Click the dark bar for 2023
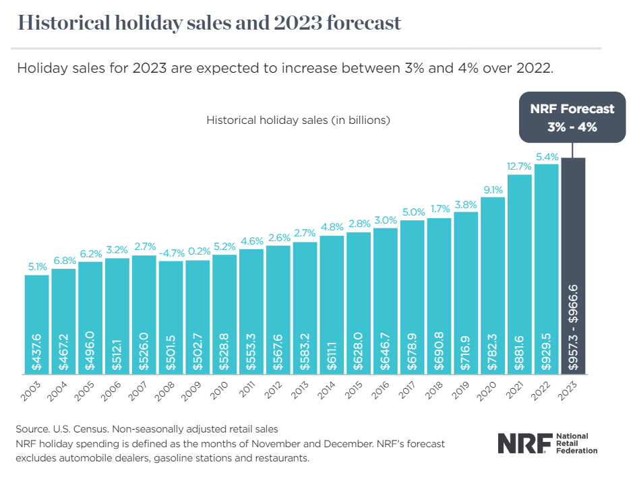tap(573, 265)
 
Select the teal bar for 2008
tap(171, 317)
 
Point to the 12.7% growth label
tap(519, 166)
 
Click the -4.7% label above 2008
tap(171, 253)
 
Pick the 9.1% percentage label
tap(493, 189)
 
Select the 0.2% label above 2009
tap(198, 252)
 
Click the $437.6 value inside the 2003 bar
tap(37, 351)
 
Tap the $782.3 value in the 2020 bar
tap(493, 351)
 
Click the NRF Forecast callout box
tap(573, 118)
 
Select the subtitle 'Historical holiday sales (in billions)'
tap(299, 121)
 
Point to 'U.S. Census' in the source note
tap(79, 429)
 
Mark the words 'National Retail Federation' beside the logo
tap(576, 444)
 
